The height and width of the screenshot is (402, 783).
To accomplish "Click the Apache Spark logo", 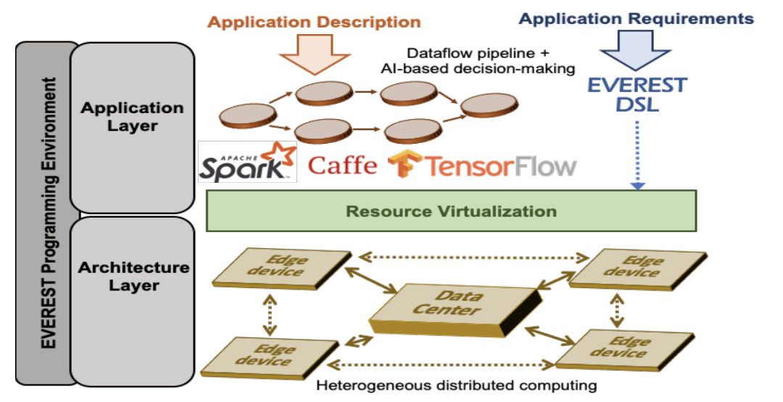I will click(x=247, y=163).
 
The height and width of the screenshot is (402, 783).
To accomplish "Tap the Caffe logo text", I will click(x=343, y=165).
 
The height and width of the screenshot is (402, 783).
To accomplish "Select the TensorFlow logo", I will click(x=482, y=165).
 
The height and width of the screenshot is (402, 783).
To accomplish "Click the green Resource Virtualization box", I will click(x=451, y=211).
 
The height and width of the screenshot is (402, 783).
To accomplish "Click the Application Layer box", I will click(x=132, y=116).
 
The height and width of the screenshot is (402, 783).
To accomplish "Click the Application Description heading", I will click(x=314, y=22).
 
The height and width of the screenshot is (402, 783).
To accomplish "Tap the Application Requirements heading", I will click(x=637, y=18).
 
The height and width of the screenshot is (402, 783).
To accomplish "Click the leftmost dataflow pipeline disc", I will click(x=248, y=116).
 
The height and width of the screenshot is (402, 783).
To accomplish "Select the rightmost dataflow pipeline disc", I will click(x=486, y=106).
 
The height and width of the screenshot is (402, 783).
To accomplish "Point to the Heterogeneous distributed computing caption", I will click(x=456, y=385).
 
